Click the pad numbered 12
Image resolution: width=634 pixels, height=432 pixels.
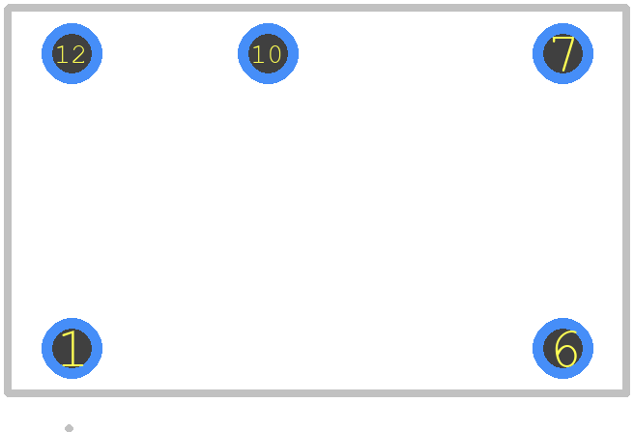[x=72, y=53]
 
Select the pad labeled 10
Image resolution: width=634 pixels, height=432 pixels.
[x=268, y=53]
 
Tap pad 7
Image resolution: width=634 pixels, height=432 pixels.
[x=562, y=53]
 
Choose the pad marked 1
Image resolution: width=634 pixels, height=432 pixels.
[x=72, y=348]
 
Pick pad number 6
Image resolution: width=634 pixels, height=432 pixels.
[x=562, y=348]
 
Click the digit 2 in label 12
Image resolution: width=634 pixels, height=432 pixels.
[x=78, y=54]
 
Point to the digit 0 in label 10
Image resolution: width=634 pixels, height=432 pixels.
[x=274, y=54]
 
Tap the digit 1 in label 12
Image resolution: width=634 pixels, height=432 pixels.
[x=62, y=54]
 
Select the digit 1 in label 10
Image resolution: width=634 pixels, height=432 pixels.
[x=258, y=54]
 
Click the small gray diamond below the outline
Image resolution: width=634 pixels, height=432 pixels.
[x=70, y=428]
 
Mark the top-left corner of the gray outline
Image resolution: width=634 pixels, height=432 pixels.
[x=8, y=8]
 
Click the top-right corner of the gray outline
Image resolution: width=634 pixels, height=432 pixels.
[x=626, y=8]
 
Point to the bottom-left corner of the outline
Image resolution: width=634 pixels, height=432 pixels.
[x=8, y=393]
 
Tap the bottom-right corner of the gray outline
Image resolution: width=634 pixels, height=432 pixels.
[x=626, y=393]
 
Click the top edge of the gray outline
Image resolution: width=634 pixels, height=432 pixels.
[x=317, y=8]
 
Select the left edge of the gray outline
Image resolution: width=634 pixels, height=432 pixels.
[x=8, y=201]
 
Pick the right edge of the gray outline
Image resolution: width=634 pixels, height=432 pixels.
[x=626, y=201]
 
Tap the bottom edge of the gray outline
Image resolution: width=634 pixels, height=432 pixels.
[x=317, y=393]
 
